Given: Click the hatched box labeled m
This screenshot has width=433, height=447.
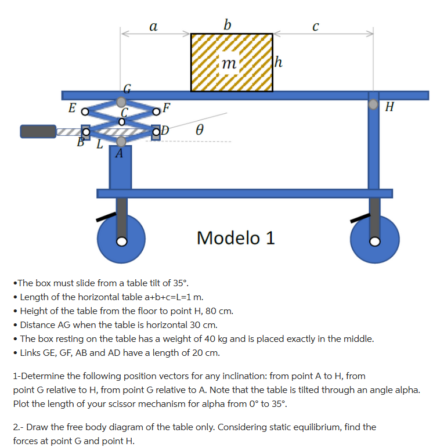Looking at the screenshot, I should click(232, 63).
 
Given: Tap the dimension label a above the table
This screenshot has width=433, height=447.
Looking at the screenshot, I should click(153, 26).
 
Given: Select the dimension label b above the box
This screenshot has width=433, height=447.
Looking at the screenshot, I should click(227, 24).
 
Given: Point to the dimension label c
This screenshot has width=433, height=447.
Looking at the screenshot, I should click(315, 27).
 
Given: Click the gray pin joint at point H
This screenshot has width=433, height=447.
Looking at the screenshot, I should click(373, 105).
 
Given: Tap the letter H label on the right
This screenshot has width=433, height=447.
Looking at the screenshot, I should click(389, 107).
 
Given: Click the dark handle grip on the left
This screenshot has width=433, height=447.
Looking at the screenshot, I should click(38, 131).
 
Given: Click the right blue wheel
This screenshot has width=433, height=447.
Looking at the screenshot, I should click(375, 240).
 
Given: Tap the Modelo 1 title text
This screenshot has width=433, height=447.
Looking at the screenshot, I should click(236, 237).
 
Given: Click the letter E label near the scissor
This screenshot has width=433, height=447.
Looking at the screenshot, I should click(71, 107).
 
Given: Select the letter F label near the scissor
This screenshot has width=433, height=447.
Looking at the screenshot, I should click(167, 107).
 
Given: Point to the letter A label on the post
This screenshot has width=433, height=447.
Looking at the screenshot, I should click(119, 154).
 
